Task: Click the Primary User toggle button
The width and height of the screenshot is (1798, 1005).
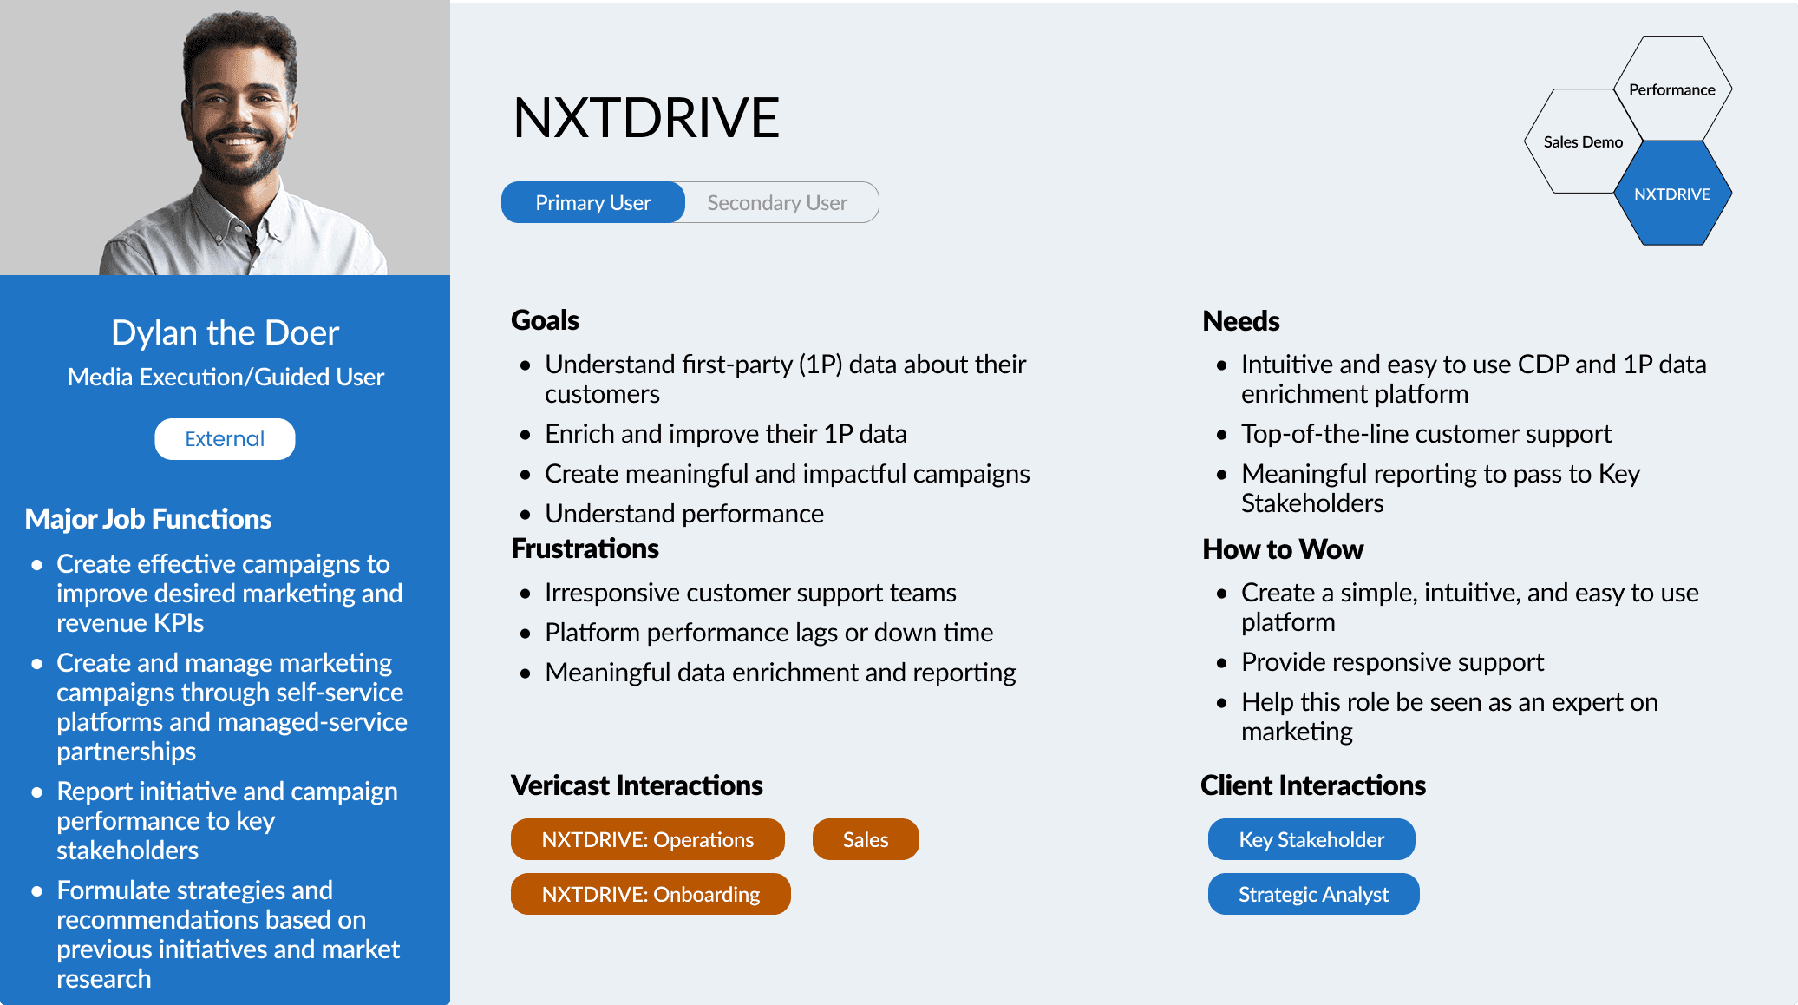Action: pos(593,202)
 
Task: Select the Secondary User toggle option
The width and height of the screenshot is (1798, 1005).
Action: pos(778,202)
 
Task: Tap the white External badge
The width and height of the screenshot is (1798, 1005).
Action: pos(225,439)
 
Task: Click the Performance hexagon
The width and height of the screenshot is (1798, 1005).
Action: pos(1672,89)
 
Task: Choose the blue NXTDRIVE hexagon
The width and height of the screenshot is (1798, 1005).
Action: pos(1672,194)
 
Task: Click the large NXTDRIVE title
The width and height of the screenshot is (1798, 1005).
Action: pos(646,117)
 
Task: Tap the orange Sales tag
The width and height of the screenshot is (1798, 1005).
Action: pos(866,839)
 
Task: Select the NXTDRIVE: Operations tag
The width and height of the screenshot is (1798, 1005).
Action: pos(648,839)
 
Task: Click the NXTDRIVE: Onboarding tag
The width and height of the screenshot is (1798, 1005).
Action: pos(651,894)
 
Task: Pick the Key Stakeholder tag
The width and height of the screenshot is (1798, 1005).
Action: pos(1311,839)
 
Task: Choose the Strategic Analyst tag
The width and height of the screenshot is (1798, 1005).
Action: pos(1313,894)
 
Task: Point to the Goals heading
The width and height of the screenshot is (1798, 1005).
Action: pos(545,320)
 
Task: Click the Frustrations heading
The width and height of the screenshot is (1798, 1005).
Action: pos(585,548)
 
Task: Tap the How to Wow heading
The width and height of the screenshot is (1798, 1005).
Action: pos(1283,549)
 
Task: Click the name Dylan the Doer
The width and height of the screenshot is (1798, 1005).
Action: pos(225,332)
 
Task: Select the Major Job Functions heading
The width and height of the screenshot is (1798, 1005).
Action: pos(148,519)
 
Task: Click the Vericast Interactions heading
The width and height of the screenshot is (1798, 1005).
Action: pos(637,785)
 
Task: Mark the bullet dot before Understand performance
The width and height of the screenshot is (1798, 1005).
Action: pos(525,515)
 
